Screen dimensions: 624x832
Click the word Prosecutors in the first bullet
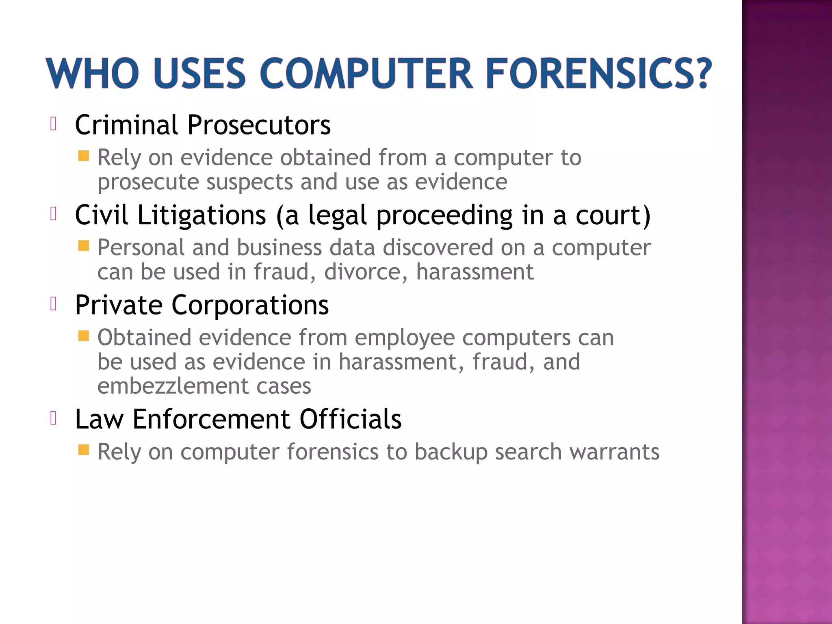click(259, 125)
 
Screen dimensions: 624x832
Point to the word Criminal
click(126, 125)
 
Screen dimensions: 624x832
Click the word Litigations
click(201, 215)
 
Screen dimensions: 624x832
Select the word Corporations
click(250, 305)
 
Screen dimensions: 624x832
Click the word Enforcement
click(211, 419)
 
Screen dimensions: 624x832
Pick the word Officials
click(350, 419)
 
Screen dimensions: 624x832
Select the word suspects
click(249, 182)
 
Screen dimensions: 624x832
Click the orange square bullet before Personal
click(84, 246)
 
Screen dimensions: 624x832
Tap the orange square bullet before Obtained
click(84, 336)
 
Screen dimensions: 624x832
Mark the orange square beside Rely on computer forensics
click(84, 450)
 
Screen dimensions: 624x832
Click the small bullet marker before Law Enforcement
click(53, 418)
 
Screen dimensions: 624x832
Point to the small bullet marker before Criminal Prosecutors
click(53, 123)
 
